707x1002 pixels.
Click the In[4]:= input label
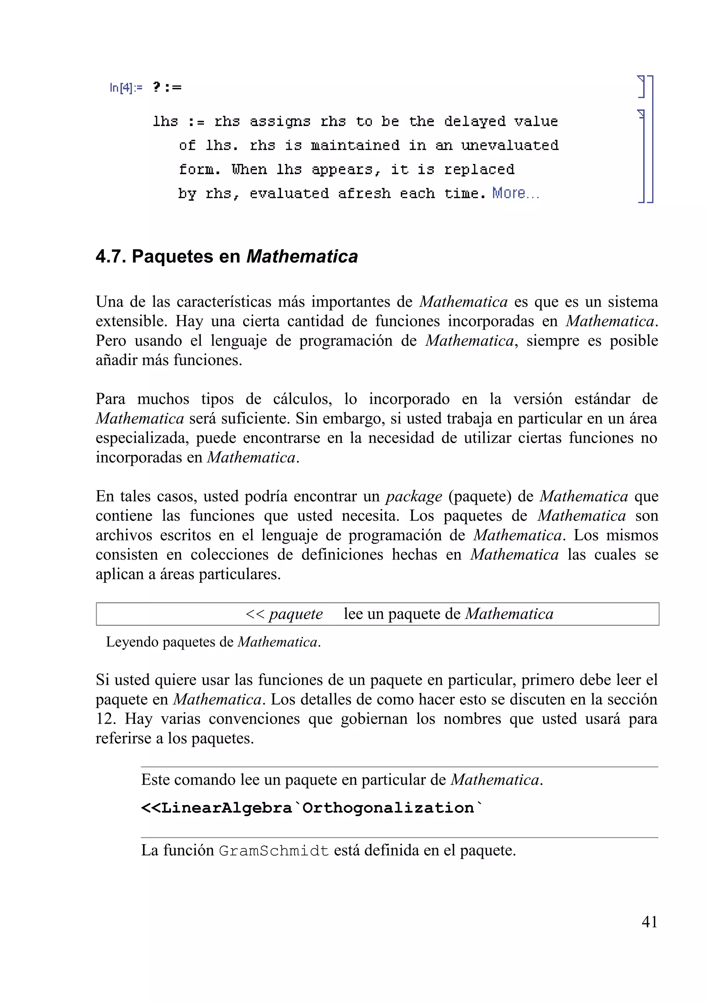[x=126, y=88]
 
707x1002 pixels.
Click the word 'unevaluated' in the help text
[x=510, y=145]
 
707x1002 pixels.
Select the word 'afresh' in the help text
[x=364, y=193]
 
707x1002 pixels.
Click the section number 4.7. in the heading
[x=111, y=256]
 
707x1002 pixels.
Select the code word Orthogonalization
[x=388, y=808]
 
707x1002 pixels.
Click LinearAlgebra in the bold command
[x=226, y=808]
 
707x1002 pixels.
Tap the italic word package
[x=414, y=496]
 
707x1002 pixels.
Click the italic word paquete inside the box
[x=296, y=614]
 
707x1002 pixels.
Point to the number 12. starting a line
[x=105, y=718]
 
